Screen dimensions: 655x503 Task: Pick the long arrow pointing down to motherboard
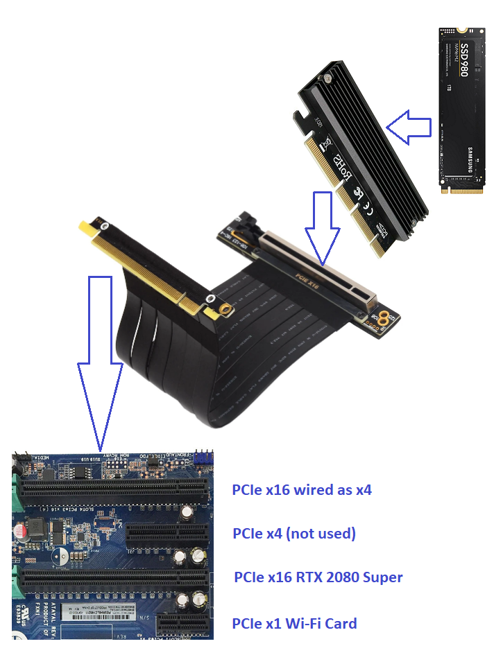pos(100,360)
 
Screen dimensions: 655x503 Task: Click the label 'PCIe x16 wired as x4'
pos(302,490)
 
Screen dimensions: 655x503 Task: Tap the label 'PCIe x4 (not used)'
pos(294,533)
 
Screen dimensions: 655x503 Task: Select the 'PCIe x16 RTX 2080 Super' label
pos(318,577)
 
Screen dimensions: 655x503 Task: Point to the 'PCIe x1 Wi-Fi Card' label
pos(294,623)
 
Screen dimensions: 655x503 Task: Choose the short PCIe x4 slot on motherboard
pos(167,533)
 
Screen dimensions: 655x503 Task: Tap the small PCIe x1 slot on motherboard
pos(182,624)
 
